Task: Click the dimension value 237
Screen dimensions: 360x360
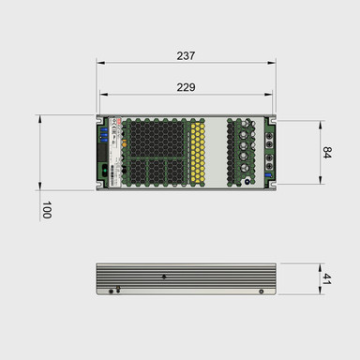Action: click(186, 55)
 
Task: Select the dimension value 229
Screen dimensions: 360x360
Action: click(186, 86)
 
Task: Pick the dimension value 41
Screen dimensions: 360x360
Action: click(327, 278)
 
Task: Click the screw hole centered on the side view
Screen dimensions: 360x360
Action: click(164, 277)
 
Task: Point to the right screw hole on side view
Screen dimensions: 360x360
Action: click(260, 291)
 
